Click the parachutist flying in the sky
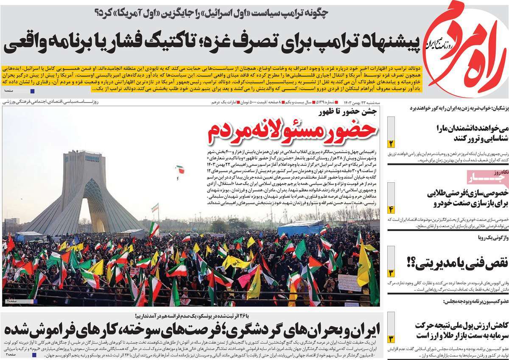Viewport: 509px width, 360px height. click(x=180, y=170)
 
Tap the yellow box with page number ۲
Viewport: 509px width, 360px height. click(x=391, y=143)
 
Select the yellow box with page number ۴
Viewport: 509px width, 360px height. click(x=391, y=209)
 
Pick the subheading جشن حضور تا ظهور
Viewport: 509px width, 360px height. click(x=348, y=112)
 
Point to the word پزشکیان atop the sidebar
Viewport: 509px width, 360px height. click(x=497, y=108)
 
